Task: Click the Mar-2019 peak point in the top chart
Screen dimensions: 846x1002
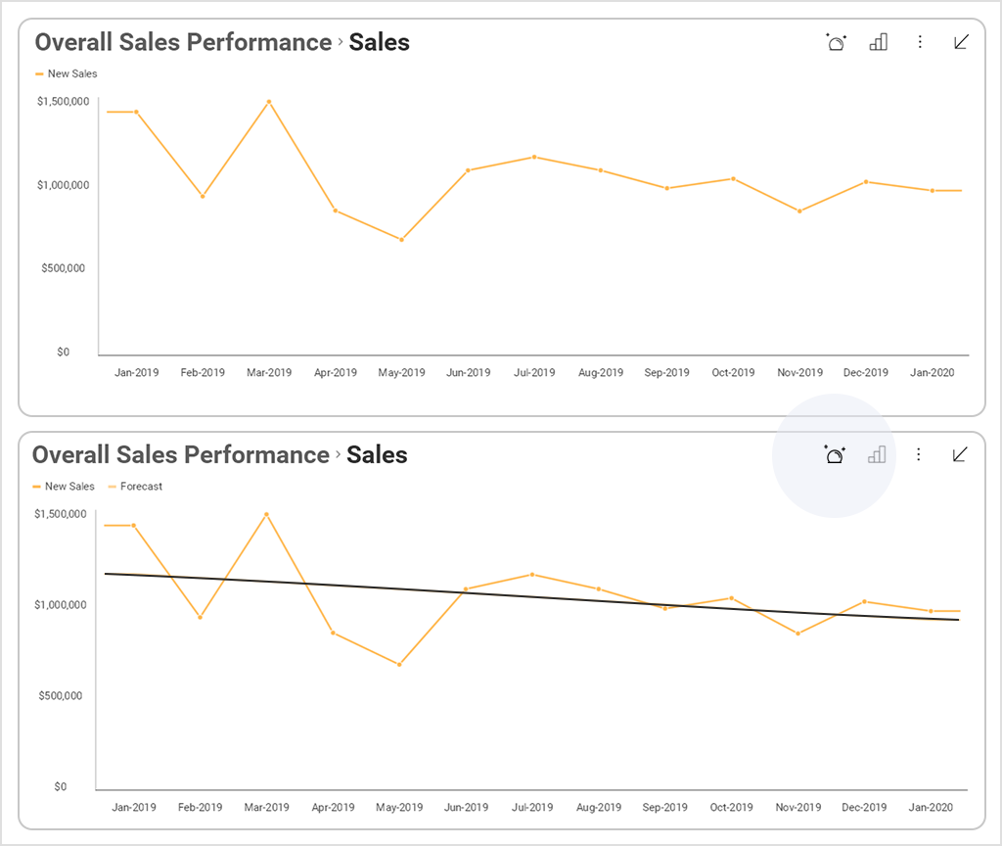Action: tap(269, 102)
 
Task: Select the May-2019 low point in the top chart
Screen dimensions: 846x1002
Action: tap(401, 240)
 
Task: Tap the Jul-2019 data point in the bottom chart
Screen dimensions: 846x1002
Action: tap(531, 574)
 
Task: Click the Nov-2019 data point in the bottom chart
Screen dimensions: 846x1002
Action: tap(797, 634)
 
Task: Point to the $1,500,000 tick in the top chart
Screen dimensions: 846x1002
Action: tap(64, 102)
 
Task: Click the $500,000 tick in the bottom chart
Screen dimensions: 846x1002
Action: tap(61, 696)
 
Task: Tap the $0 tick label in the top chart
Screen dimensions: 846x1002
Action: tap(63, 352)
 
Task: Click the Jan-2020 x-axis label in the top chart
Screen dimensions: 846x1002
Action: tap(933, 373)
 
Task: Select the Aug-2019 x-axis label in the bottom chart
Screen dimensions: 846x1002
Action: tap(598, 808)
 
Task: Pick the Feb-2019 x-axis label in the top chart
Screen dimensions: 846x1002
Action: tap(203, 373)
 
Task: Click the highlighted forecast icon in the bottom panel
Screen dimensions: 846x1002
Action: tap(835, 454)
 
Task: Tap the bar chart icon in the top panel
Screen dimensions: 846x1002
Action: tap(878, 42)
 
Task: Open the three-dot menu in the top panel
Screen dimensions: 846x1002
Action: tap(920, 42)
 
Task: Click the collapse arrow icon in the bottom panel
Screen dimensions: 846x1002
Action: tap(960, 454)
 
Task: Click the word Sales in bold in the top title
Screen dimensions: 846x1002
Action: tap(379, 42)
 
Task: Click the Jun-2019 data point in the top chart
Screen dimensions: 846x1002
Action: tap(468, 170)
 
